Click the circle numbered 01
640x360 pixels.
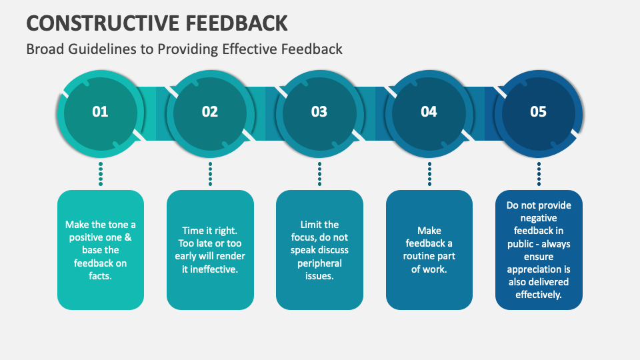pos(100,112)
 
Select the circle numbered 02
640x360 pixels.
pos(210,112)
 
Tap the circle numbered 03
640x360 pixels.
pos(319,112)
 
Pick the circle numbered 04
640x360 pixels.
pos(429,112)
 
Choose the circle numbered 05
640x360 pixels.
pos(538,112)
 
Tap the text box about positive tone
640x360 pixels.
pos(101,250)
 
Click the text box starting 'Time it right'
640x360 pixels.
pos(210,250)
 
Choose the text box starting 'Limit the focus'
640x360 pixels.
pos(319,250)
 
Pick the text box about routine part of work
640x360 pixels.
pos(429,250)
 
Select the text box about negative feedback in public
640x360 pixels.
pos(538,250)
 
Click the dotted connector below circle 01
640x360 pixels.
pos(101,173)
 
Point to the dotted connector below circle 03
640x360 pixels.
pos(319,173)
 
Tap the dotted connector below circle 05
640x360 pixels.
pos(539,173)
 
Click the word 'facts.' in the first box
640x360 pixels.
pos(101,276)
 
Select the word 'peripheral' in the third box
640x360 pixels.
pos(319,263)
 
